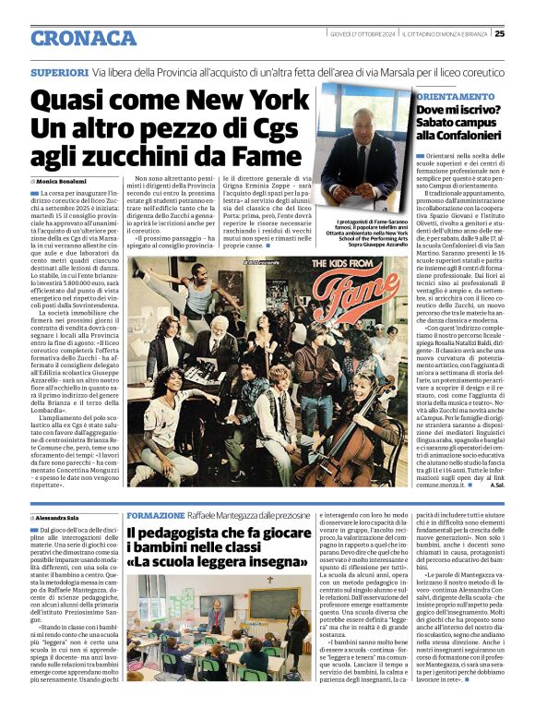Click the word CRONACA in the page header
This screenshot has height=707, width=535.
83,38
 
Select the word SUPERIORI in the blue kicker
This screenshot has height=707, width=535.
60,72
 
